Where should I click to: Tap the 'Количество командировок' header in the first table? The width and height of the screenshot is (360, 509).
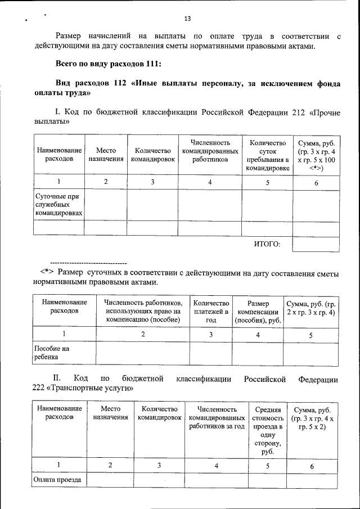click(153, 155)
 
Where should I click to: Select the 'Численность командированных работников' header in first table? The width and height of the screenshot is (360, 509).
click(210, 151)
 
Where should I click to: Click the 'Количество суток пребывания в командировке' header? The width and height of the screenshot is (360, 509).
click(268, 155)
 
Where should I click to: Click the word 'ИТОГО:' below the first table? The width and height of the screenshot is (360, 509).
click(267, 244)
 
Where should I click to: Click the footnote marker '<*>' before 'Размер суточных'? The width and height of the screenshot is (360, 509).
click(46, 273)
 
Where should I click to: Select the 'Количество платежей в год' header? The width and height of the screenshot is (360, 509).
click(211, 311)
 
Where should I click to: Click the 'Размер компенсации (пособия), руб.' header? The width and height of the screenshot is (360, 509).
click(258, 311)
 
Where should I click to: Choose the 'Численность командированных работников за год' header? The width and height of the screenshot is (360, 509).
click(217, 418)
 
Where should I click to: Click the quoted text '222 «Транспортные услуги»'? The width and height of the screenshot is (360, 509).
click(91, 388)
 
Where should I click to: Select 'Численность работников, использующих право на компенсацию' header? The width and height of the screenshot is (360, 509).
click(143, 311)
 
